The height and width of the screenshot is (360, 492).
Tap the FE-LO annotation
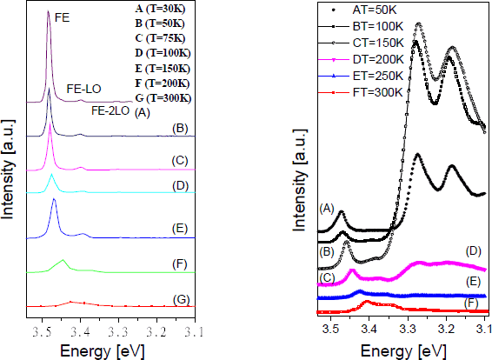[x=83, y=89]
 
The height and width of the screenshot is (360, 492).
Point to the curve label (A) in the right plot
[x=327, y=207]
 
